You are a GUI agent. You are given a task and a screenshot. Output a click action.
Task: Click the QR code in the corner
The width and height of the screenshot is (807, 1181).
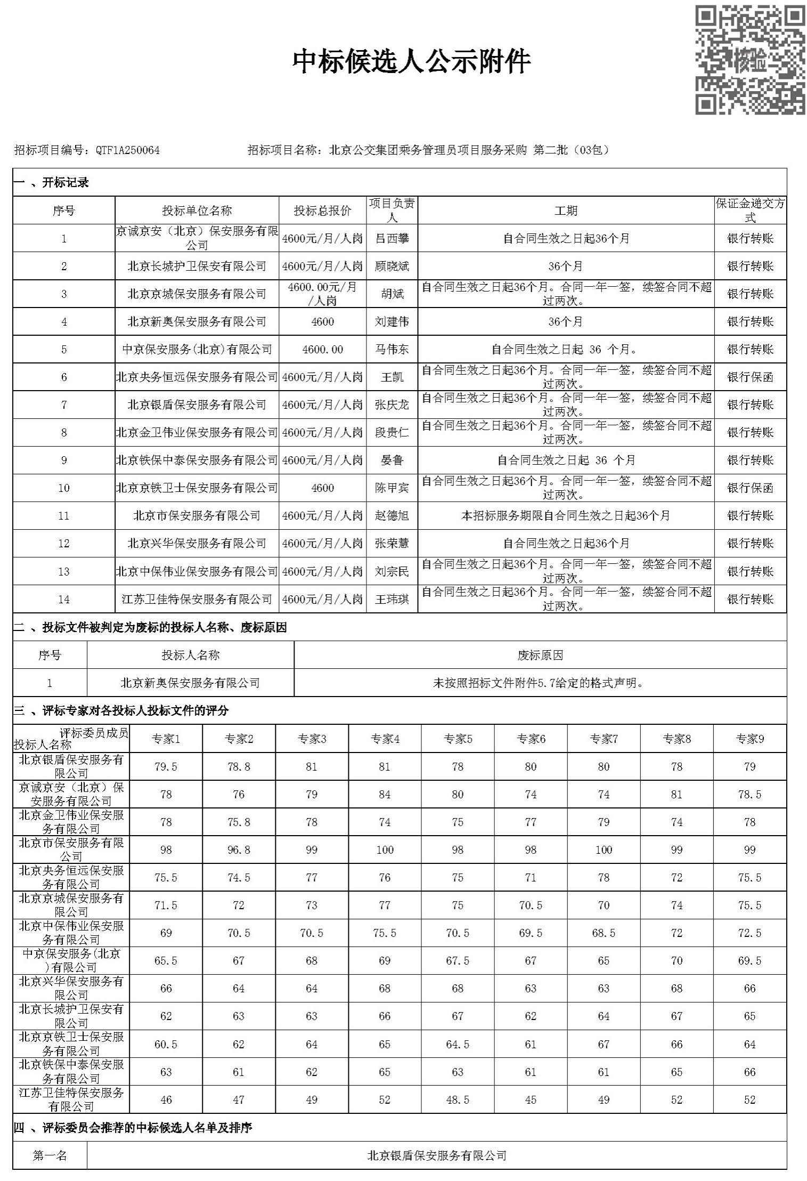(749, 60)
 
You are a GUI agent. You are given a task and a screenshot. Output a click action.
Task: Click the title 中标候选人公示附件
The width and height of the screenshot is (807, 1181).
(411, 61)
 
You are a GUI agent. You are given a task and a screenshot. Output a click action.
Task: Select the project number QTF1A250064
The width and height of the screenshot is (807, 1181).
(127, 150)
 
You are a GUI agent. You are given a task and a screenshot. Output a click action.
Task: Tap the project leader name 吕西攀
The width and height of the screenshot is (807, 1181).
(392, 238)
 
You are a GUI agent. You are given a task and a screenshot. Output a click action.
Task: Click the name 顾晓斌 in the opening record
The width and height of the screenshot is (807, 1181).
(392, 266)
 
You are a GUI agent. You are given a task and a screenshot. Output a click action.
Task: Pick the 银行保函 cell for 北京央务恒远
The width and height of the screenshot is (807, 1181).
(750, 377)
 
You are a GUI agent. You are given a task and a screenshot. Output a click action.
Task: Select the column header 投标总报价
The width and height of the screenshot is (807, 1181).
(322, 211)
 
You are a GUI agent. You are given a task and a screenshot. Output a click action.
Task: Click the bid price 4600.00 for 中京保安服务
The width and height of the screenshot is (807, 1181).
(322, 349)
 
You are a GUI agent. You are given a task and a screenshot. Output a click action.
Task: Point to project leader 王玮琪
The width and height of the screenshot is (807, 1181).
(392, 599)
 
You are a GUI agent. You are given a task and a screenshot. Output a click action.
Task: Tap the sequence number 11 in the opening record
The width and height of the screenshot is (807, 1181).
(64, 515)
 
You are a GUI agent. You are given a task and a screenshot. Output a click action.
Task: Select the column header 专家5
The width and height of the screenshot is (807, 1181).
(458, 739)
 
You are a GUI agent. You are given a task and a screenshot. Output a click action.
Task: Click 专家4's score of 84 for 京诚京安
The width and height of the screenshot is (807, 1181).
(385, 794)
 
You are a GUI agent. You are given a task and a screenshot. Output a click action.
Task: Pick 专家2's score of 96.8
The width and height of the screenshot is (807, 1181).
(239, 850)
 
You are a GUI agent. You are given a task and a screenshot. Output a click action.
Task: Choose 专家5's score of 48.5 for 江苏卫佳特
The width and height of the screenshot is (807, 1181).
(458, 1099)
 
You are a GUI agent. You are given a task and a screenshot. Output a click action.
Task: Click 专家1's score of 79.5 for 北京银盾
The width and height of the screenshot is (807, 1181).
(166, 766)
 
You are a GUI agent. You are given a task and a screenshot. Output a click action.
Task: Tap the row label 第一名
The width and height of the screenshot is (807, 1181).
(50, 1155)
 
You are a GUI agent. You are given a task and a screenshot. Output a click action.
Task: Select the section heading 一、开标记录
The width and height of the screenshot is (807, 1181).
(51, 182)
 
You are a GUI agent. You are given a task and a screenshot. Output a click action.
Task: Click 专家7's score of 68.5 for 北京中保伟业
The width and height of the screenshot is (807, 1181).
(604, 933)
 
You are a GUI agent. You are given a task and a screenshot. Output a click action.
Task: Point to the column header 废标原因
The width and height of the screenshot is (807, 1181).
(540, 655)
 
